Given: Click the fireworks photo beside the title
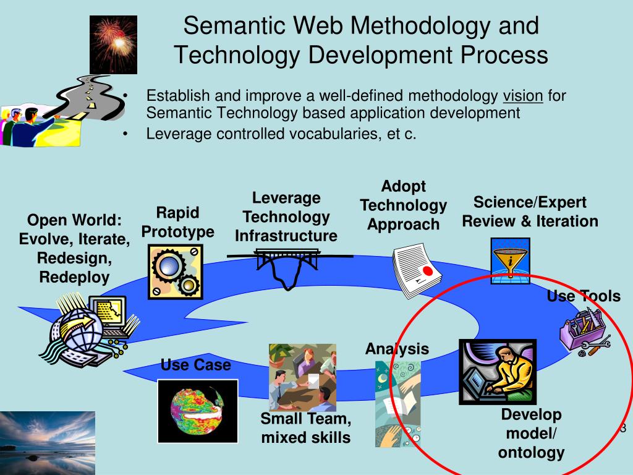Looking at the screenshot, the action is pyautogui.click(x=114, y=45).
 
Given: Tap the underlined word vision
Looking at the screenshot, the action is pyautogui.click(x=523, y=96).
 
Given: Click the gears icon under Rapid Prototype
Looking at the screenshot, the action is pyautogui.click(x=176, y=272).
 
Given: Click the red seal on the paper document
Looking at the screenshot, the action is pyautogui.click(x=427, y=271).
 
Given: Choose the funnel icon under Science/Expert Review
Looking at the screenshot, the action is pyautogui.click(x=510, y=261).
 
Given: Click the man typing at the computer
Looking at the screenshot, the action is pyautogui.click(x=498, y=372).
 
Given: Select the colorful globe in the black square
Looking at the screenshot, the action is pyautogui.click(x=198, y=411).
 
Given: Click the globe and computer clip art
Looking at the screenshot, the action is pyautogui.click(x=90, y=329).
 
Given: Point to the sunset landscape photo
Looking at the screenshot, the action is pyautogui.click(x=48, y=443).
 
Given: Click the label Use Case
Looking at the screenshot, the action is pyautogui.click(x=196, y=365).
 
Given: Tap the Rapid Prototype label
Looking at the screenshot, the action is pyautogui.click(x=177, y=222).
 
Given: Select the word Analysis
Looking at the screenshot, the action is pyautogui.click(x=397, y=349).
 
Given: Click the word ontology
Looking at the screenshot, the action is pyautogui.click(x=531, y=452).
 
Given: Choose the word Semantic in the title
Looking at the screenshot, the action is pyautogui.click(x=234, y=25).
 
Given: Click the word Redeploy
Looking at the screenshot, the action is pyautogui.click(x=75, y=278).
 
